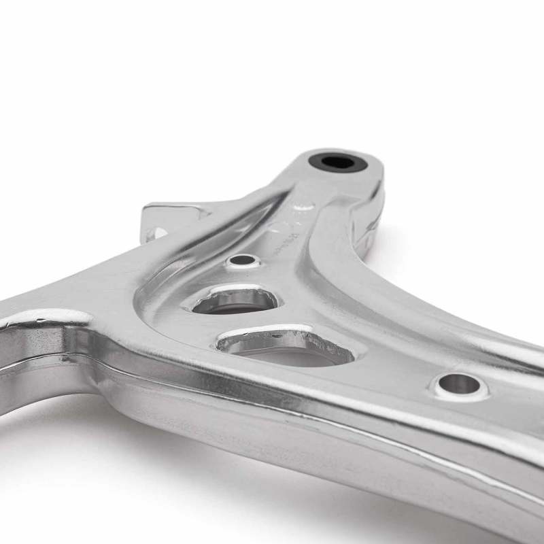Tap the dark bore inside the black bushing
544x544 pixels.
pyautogui.click(x=337, y=163)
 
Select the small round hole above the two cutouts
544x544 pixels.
pyautogui.click(x=243, y=260)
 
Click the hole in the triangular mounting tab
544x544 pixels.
pyautogui.click(x=157, y=233)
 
